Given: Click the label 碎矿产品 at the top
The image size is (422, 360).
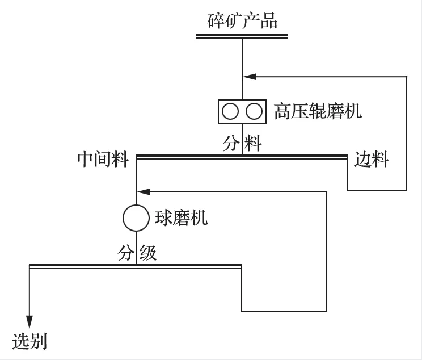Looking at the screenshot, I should click(242, 21).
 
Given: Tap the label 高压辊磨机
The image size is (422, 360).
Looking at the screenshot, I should click(318, 111).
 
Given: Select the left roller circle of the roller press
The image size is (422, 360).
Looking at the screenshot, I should click(230, 111).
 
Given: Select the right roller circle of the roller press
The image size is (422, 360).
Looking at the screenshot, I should click(254, 111).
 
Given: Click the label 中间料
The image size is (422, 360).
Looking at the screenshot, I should click(103, 160).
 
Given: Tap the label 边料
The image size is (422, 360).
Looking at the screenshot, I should click(372, 160).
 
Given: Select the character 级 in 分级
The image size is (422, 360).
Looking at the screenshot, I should click(148, 253).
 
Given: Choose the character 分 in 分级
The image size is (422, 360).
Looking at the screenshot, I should click(126, 253).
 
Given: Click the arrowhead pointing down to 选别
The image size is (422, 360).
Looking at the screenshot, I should click(29, 321).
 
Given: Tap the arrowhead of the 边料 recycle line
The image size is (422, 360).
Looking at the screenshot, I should click(248, 76).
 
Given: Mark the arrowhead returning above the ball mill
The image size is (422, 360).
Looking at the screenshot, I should click(142, 192).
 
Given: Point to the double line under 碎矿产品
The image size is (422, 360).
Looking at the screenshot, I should click(242, 36).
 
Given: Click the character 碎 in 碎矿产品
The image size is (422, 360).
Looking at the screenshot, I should click(216, 21).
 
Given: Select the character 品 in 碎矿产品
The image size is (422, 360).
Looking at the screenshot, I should click(269, 21).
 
